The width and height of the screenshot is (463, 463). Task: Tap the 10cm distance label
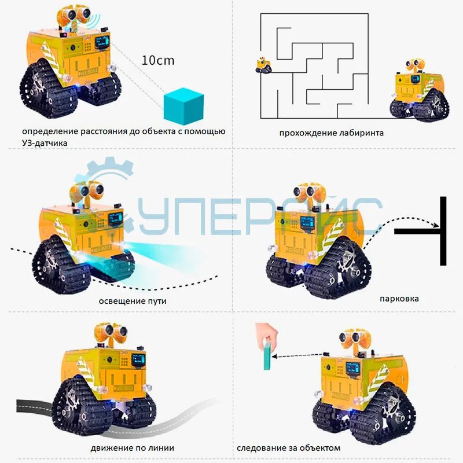pyautogui.click(x=158, y=60)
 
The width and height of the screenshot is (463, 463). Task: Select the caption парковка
pyautogui.click(x=399, y=299)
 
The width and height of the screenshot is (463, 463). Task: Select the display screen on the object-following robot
pyautogui.click(x=352, y=369)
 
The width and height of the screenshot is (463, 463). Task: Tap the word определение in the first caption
pyautogui.click(x=50, y=131)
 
